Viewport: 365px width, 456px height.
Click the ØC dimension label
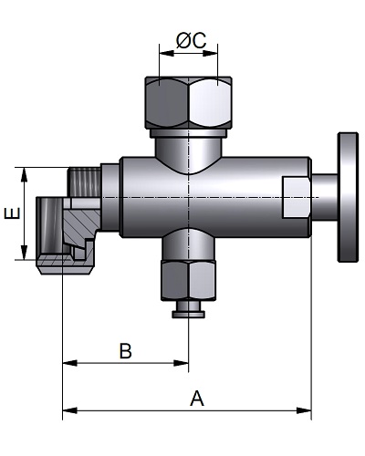[x=191, y=40]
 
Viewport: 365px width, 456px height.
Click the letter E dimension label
[x=12, y=213]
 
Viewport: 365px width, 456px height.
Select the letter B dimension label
[x=125, y=351]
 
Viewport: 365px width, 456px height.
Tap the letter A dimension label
[x=197, y=399]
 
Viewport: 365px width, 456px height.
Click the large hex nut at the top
[x=189, y=102]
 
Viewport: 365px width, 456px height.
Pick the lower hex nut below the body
[x=189, y=280]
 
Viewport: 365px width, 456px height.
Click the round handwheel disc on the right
[x=348, y=197]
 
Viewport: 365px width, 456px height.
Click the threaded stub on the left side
[x=84, y=181]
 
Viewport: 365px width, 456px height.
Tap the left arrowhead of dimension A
[x=69, y=410]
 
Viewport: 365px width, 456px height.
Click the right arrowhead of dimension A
[x=304, y=410]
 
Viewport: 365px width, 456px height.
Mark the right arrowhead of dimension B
[x=182, y=363]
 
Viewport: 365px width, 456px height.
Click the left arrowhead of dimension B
[x=69, y=363]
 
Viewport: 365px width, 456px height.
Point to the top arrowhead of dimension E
[x=24, y=174]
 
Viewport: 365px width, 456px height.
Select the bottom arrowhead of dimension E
[x=24, y=253]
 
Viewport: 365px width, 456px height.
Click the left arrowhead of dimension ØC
[x=166, y=53]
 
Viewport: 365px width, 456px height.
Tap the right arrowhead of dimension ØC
[x=211, y=53]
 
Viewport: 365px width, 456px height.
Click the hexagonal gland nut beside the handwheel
[x=297, y=197]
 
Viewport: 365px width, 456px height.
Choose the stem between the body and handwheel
[x=325, y=197]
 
